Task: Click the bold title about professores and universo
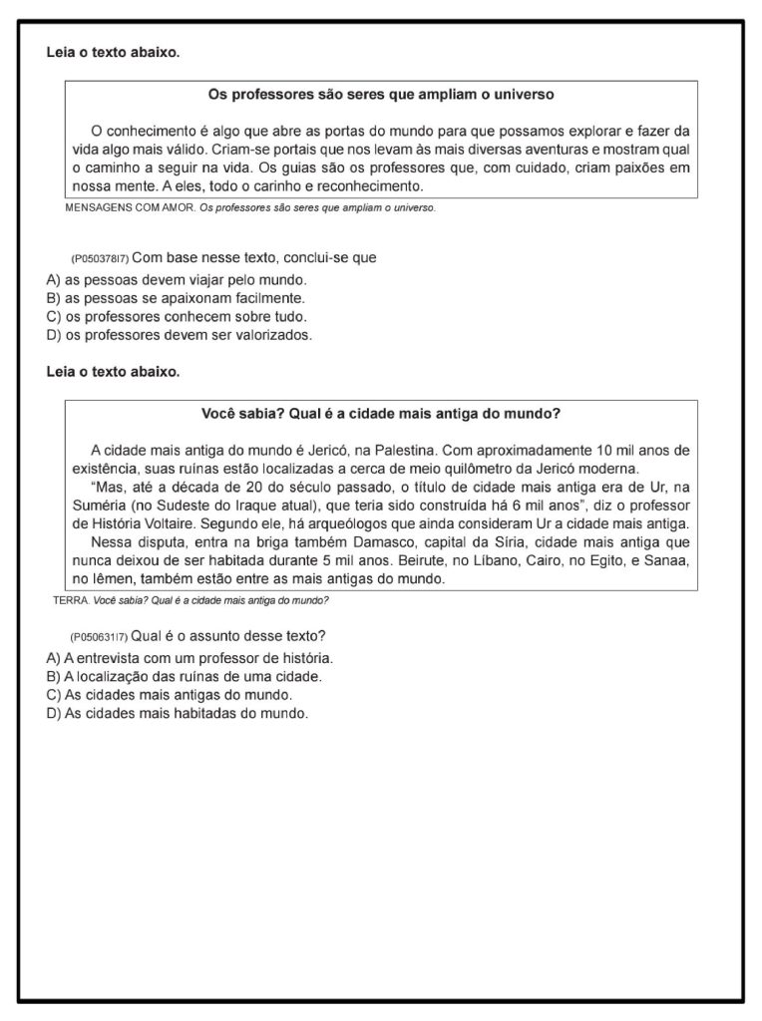[x=381, y=95]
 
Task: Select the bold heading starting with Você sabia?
[x=381, y=413]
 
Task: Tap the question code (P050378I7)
[x=100, y=258]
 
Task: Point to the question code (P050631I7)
[x=100, y=637]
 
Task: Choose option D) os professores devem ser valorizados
[x=180, y=335]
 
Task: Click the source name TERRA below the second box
[x=71, y=600]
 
